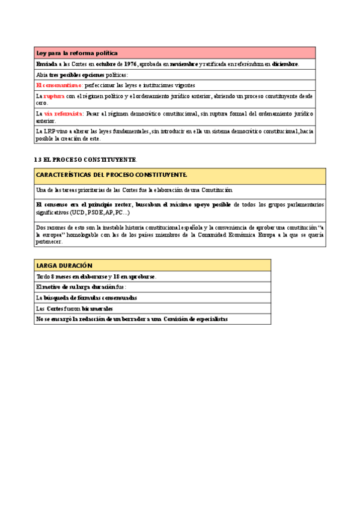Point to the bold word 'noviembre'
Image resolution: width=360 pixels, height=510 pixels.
183,64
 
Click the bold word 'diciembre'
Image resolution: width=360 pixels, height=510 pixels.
285,64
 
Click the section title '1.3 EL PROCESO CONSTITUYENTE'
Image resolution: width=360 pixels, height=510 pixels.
86,159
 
